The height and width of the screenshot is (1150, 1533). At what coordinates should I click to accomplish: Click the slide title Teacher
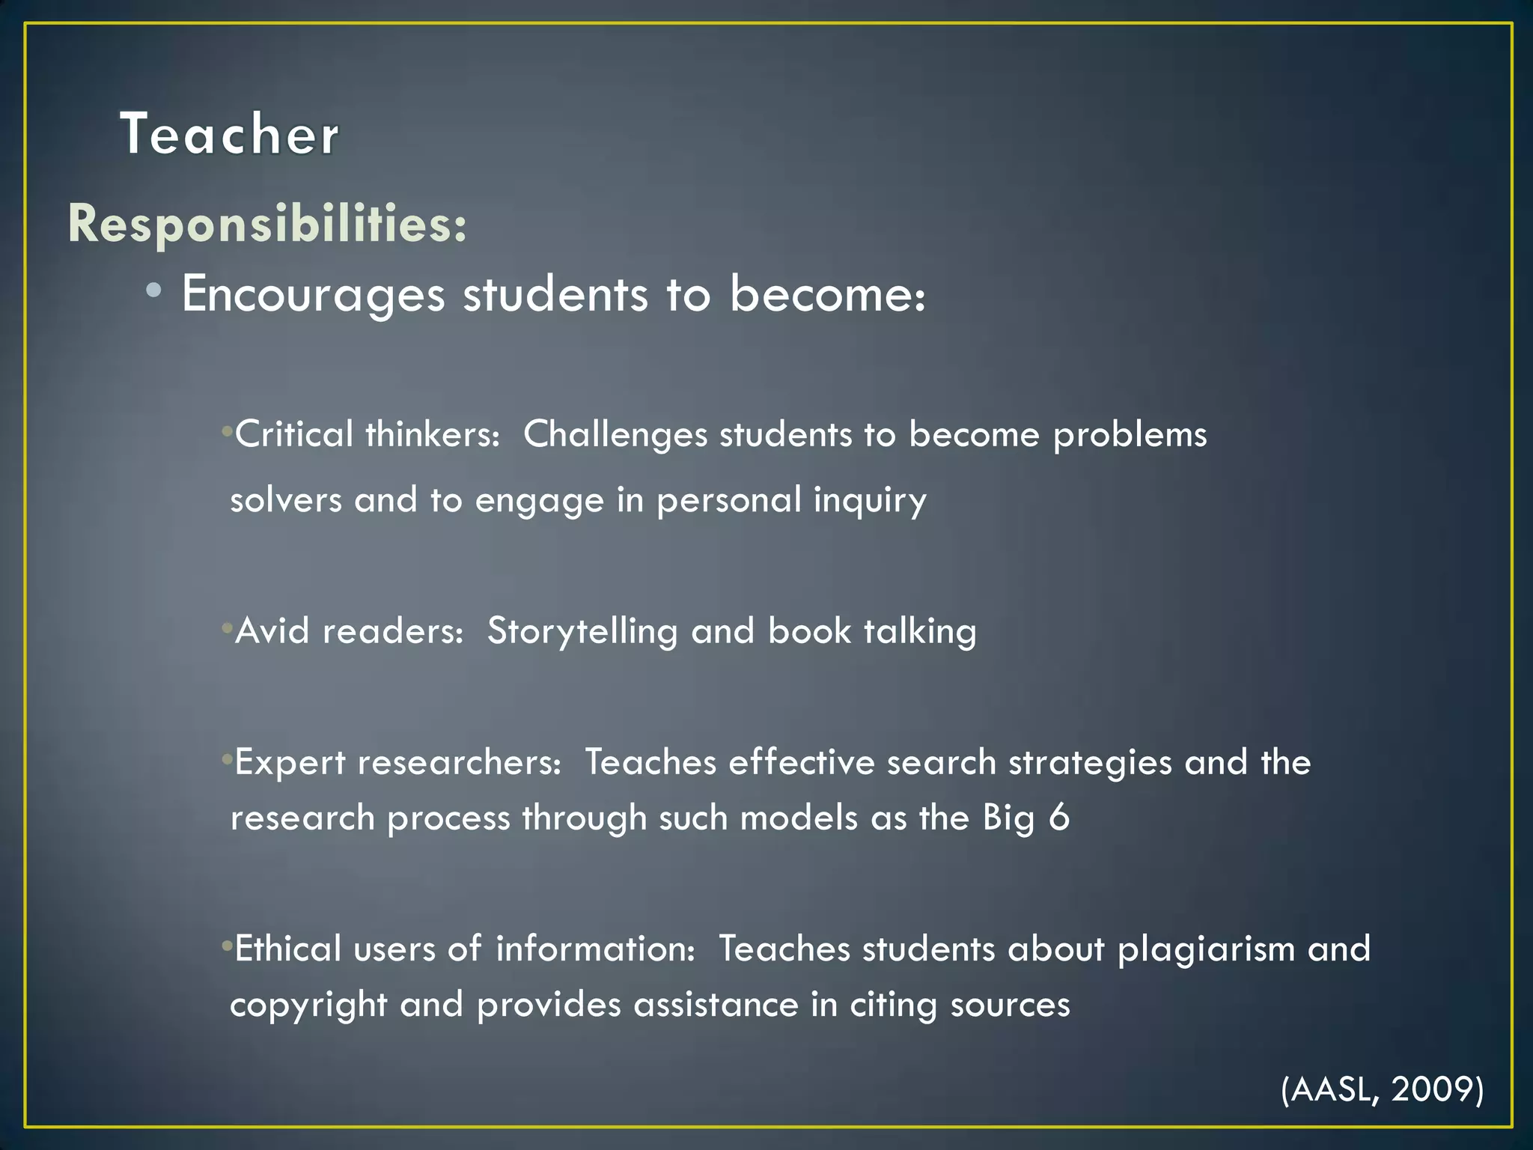point(229,135)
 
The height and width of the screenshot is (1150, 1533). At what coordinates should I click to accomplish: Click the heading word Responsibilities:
point(267,224)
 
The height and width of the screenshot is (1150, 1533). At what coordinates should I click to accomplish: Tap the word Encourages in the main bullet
point(313,294)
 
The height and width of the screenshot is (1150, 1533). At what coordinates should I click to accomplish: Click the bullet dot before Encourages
point(153,291)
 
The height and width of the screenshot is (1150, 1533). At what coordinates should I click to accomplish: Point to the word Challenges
point(615,435)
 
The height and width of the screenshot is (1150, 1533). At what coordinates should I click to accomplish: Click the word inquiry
point(870,499)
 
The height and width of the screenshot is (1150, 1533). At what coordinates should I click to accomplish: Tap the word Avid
point(272,631)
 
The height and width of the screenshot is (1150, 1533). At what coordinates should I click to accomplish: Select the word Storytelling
point(582,631)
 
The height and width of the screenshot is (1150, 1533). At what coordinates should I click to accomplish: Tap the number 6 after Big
point(1058,817)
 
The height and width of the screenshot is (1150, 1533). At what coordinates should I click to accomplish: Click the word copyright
point(308,1005)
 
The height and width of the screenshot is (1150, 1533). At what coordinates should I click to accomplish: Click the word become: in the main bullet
point(827,294)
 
